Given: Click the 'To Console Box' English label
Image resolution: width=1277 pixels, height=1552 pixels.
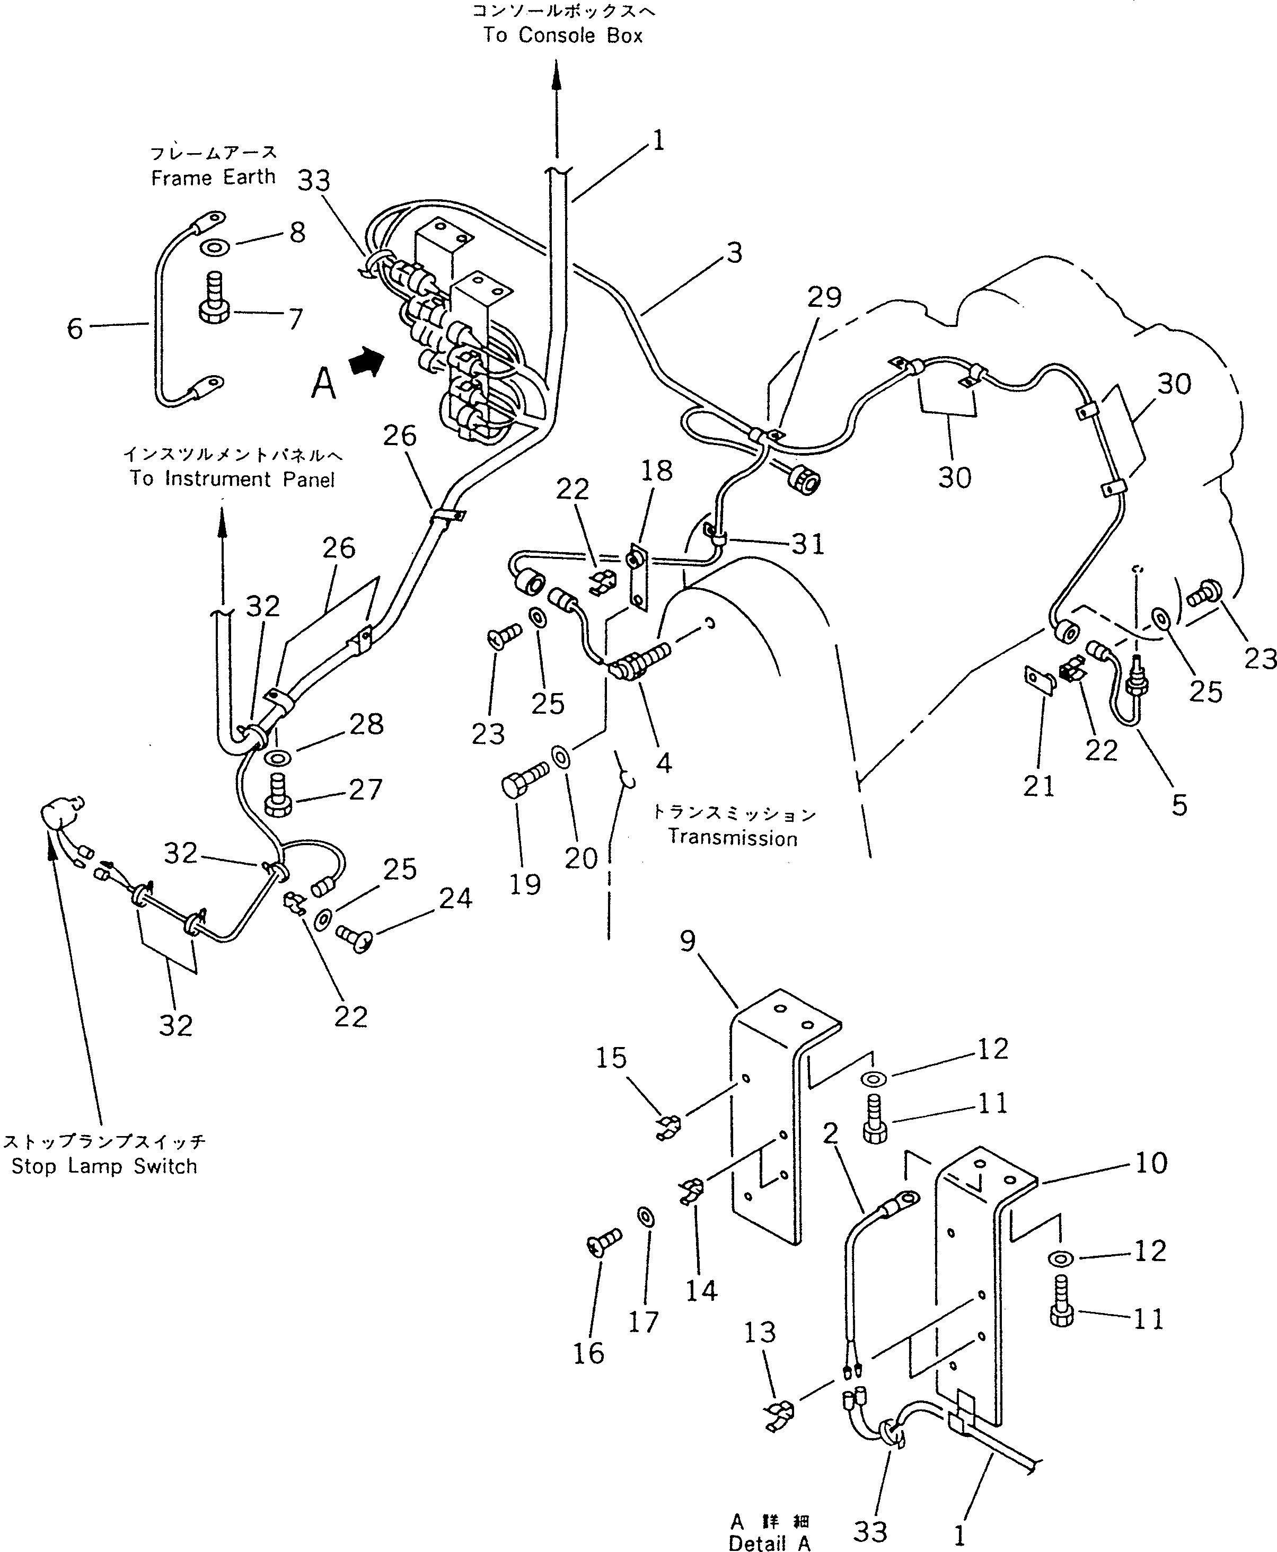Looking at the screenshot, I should [563, 36].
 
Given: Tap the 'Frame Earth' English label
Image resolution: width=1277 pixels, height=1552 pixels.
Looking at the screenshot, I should [213, 177].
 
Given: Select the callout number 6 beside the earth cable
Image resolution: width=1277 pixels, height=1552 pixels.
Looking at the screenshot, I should [75, 329].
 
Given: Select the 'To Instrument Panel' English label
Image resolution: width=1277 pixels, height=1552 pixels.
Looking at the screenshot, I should [233, 480].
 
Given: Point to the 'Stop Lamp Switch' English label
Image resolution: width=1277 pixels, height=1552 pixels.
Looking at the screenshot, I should [104, 1167].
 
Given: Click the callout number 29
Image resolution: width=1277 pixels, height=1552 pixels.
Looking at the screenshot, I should [824, 297].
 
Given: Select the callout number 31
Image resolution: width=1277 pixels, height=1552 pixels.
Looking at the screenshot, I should [808, 544].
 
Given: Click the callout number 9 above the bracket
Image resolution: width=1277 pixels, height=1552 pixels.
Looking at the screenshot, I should [688, 941].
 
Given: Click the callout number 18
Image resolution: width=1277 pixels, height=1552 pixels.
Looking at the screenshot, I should [656, 471].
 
